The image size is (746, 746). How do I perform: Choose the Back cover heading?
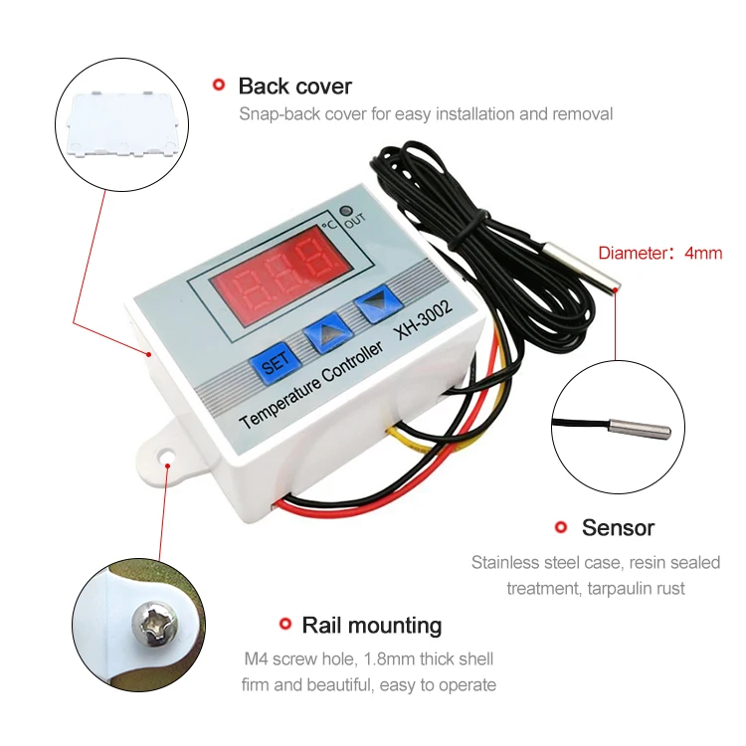294,87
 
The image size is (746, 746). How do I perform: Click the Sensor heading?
618,527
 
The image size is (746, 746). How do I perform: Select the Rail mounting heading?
371,626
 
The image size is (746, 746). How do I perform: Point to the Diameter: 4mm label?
659,254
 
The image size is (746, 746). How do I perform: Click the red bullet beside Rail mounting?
285,626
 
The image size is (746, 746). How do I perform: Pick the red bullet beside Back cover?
219,87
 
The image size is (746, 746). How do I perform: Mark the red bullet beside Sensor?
561,527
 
